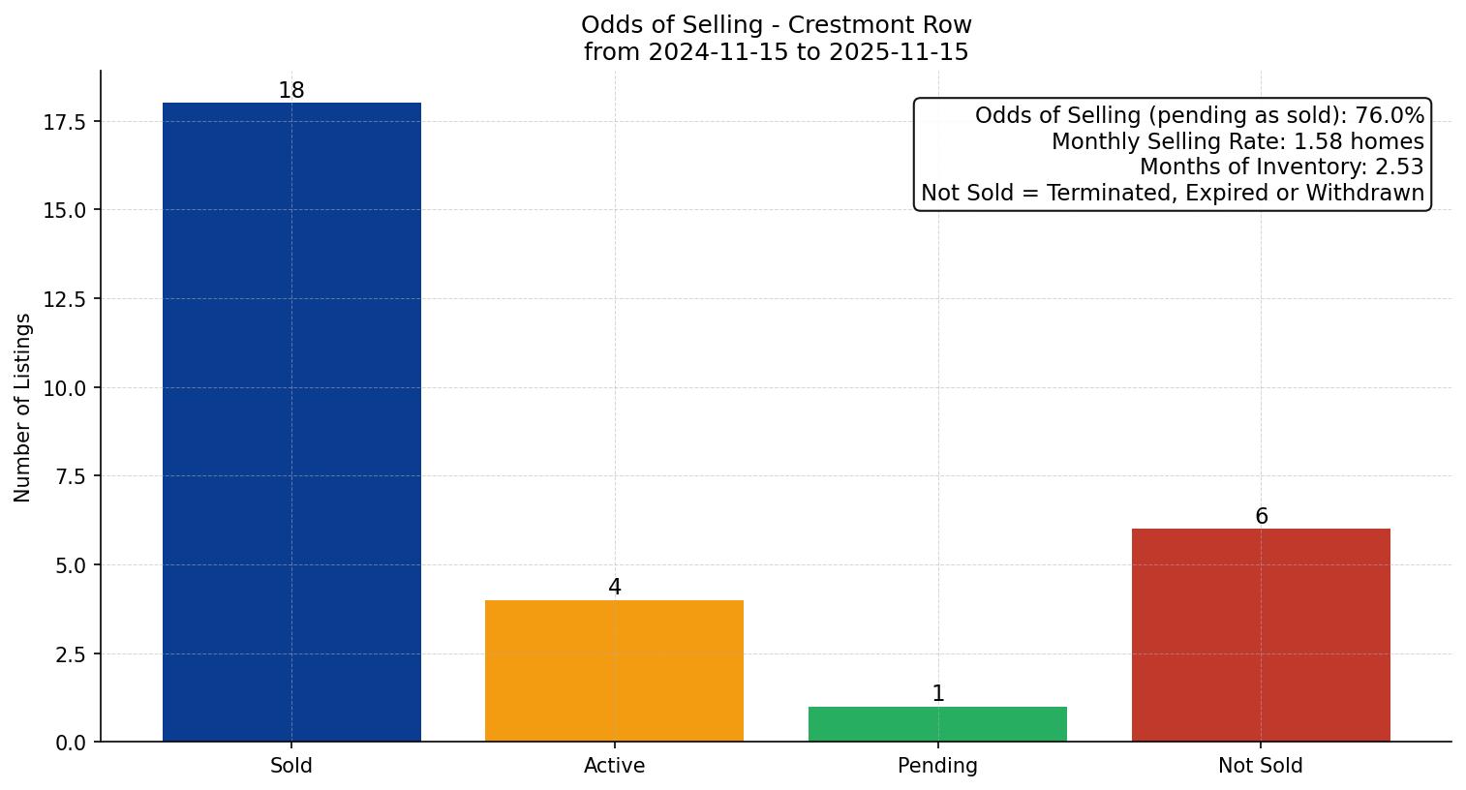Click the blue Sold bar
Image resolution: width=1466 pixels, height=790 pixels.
pos(291,422)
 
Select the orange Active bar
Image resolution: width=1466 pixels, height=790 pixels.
pos(614,671)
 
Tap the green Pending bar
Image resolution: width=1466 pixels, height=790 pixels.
pos(937,724)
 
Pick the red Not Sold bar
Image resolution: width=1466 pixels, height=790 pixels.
pos(1261,635)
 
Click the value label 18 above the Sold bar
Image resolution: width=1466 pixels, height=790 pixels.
pos(291,91)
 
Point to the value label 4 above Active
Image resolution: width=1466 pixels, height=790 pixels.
pos(614,588)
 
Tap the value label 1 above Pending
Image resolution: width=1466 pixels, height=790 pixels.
pos(937,694)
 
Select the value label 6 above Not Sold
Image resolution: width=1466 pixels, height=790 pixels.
pos(1261,517)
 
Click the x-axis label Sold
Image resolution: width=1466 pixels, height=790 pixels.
pos(291,766)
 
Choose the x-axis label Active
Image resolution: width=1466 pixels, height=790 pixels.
pos(614,766)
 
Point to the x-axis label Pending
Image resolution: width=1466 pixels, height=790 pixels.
pos(937,766)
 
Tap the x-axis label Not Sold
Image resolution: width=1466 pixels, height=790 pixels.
pos(1261,766)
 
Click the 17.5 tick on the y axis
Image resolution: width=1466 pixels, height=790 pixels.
pos(65,122)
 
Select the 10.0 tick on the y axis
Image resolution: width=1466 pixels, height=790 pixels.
pos(65,388)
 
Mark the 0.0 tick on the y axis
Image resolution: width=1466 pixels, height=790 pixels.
pos(70,743)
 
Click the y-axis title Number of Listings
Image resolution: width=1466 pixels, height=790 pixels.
pos(23,408)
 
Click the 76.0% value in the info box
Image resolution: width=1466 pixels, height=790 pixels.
pos(1390,116)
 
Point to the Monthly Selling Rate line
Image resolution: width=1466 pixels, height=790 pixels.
pos(1237,141)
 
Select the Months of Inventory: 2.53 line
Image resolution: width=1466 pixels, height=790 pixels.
pos(1281,167)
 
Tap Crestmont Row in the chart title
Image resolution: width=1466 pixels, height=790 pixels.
pos(879,25)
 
